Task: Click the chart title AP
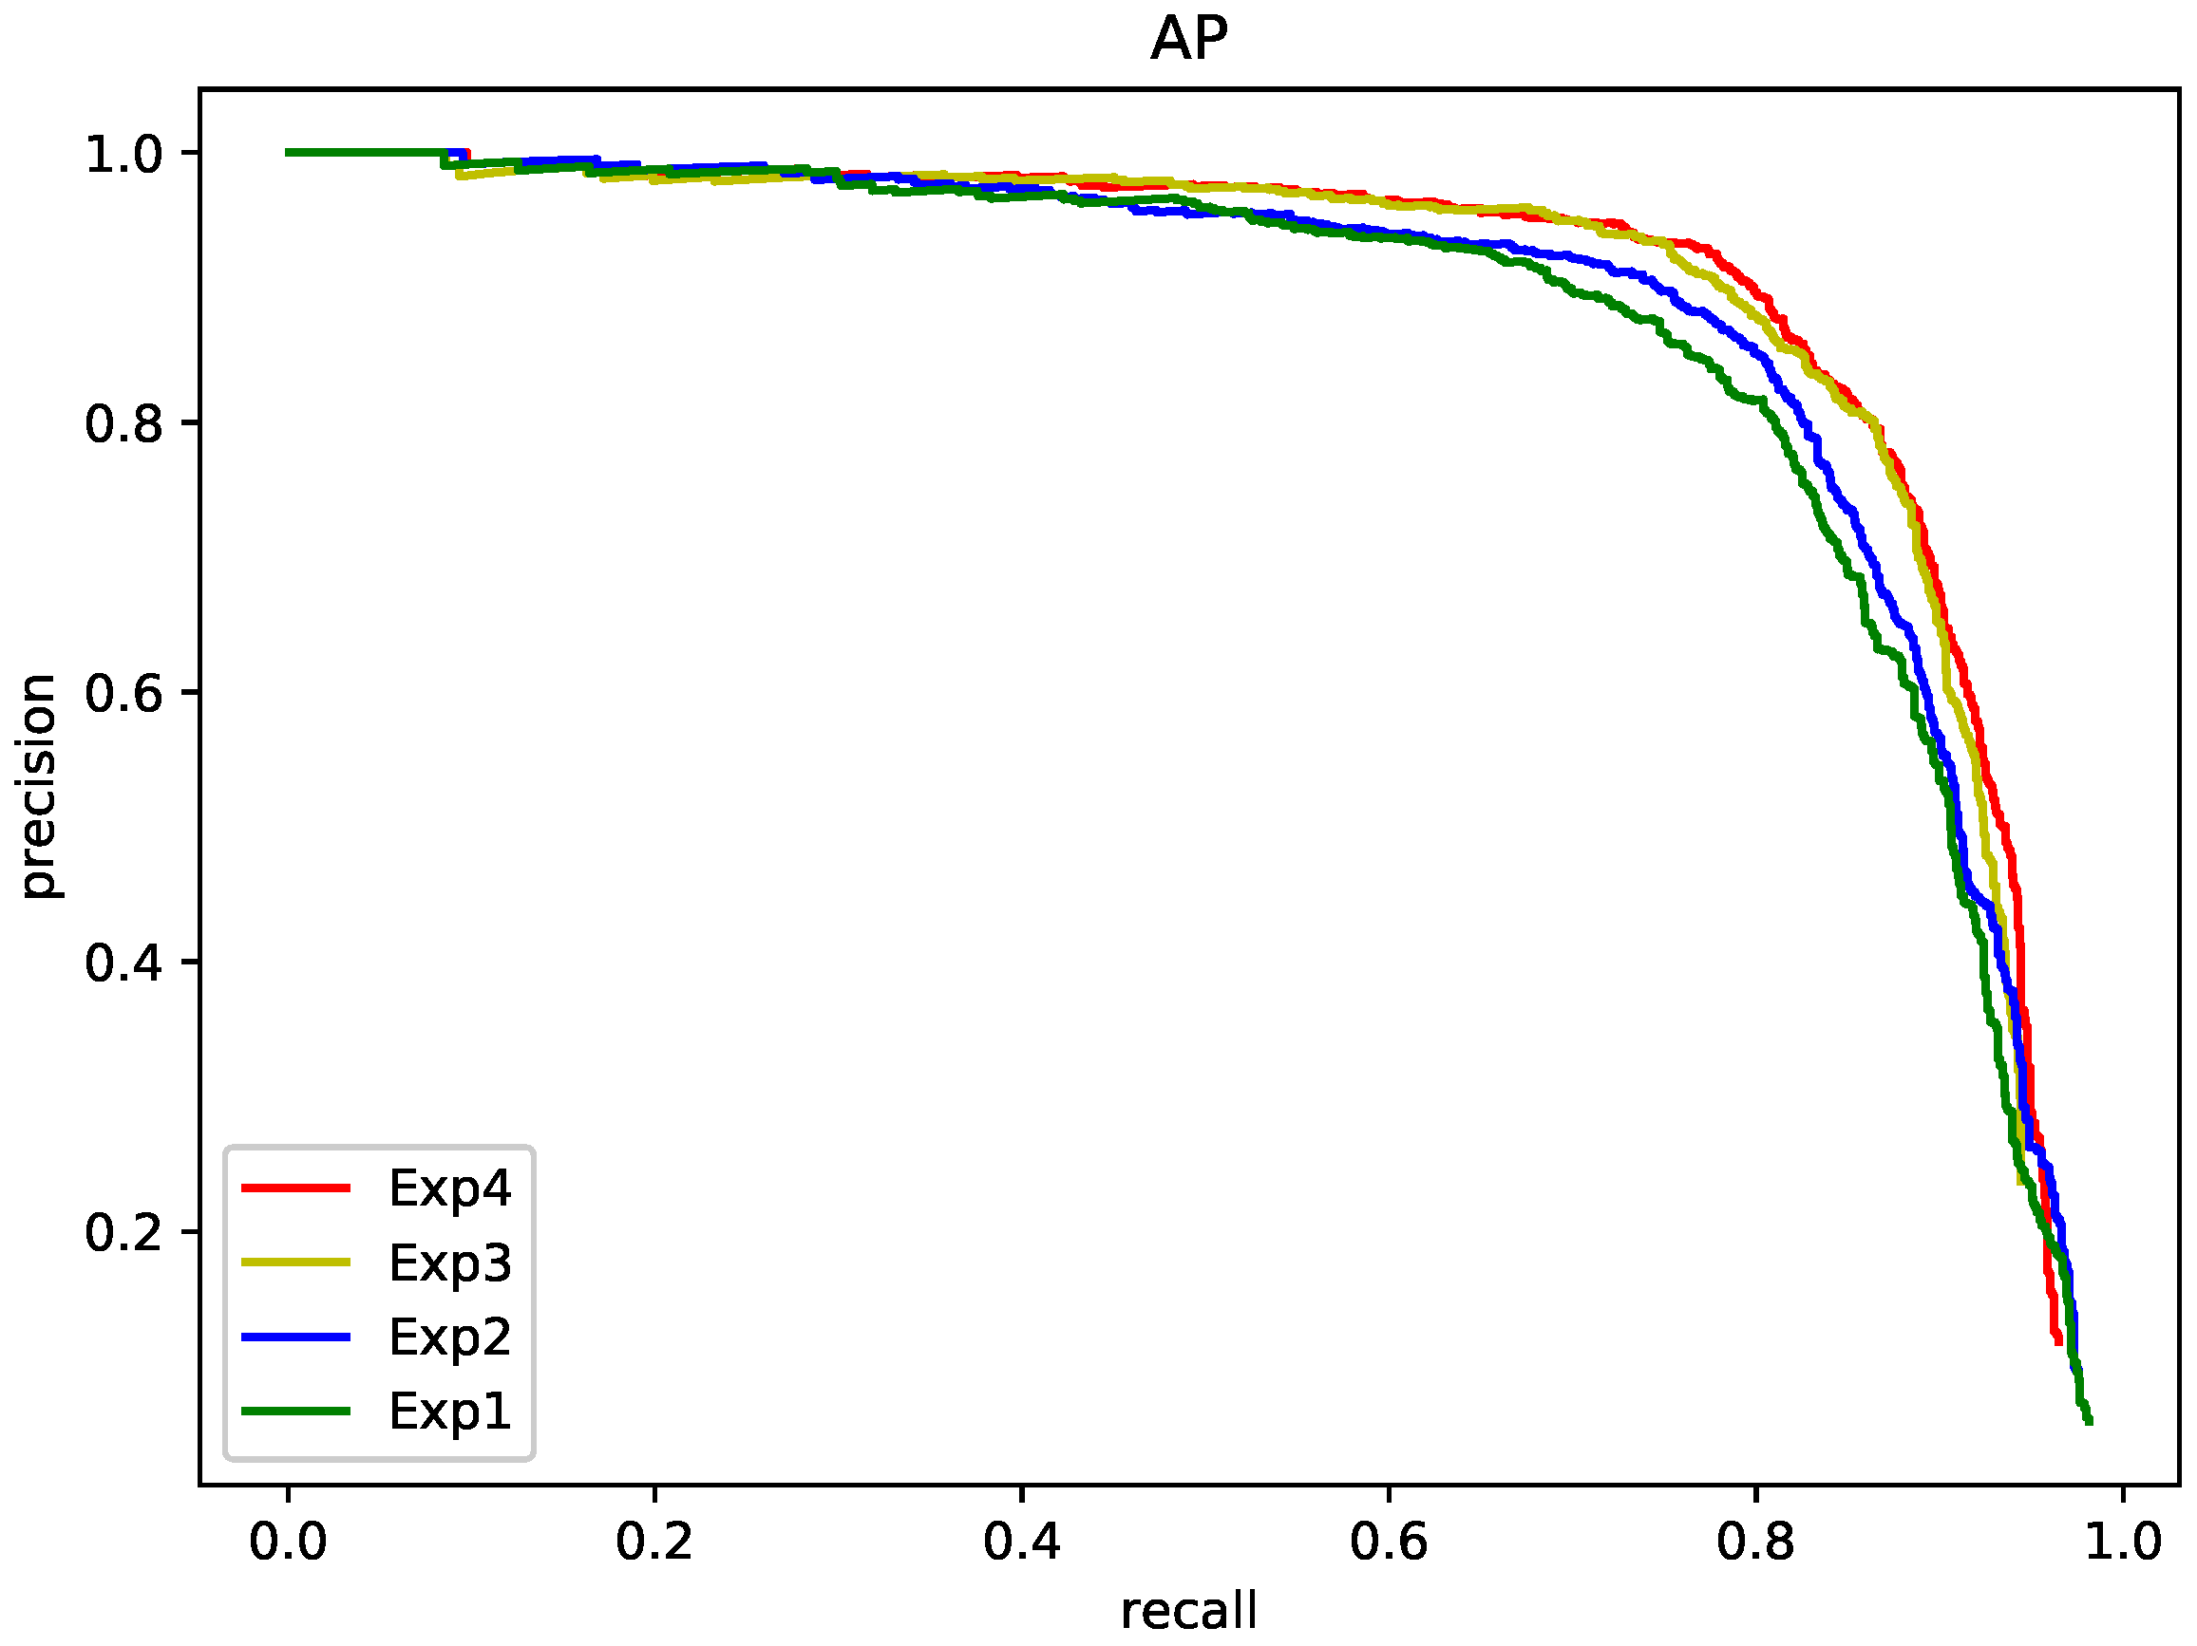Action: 1189,41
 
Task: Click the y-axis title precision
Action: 39,786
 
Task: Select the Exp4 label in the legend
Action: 449,1188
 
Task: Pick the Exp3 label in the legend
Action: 449,1263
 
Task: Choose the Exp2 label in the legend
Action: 449,1337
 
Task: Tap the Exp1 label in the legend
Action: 449,1412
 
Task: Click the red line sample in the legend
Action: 296,1188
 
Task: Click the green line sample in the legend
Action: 296,1411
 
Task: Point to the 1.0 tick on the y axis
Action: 123,155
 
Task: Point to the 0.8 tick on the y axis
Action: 123,424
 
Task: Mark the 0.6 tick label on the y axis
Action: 123,693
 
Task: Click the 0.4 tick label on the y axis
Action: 123,963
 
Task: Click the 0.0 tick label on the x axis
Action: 287,1542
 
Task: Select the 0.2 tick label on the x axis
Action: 653,1542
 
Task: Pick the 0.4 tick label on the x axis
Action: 1021,1542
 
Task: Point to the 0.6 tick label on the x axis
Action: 1388,1542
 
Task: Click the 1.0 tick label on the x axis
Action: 2122,1542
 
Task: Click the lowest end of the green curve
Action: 2089,1422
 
